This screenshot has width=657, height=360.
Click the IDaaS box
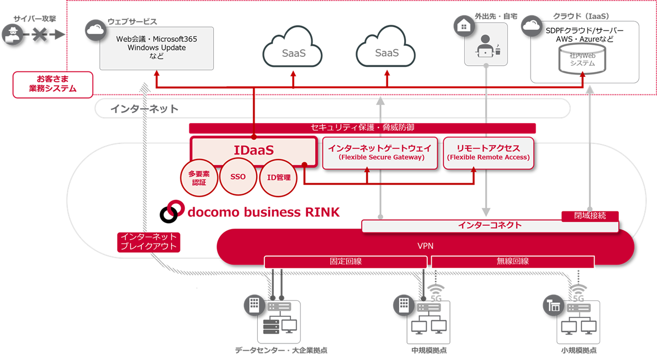[253, 150]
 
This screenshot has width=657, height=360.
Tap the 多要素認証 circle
[199, 178]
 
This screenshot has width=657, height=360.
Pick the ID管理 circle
[278, 178]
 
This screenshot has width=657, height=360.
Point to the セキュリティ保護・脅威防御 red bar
[362, 128]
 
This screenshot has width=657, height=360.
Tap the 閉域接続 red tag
[590, 216]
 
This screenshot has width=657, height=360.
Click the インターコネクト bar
[489, 225]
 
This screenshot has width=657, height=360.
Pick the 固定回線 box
[346, 261]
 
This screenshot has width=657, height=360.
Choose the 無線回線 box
[512, 261]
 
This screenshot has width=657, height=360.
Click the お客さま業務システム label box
[53, 84]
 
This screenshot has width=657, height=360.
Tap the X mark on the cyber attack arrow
[38, 35]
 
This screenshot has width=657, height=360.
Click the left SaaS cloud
[293, 51]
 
